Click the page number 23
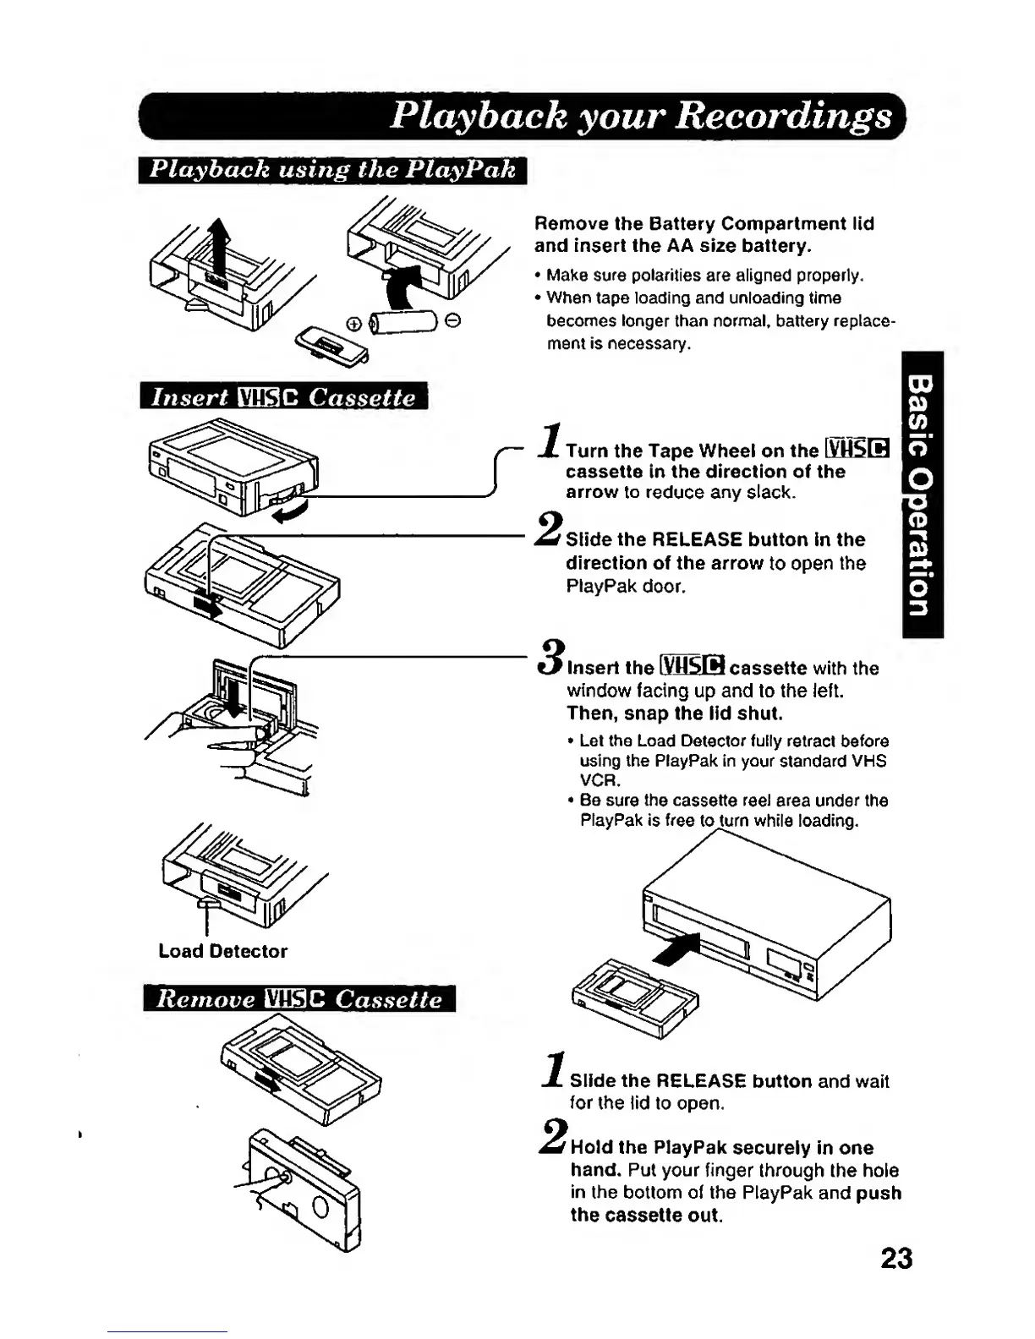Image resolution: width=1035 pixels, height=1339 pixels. coord(896,1259)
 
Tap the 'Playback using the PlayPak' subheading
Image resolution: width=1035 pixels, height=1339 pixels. coord(332,169)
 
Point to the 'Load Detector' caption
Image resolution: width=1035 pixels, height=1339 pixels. coord(222,951)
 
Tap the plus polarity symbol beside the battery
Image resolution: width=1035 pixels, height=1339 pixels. coord(353,323)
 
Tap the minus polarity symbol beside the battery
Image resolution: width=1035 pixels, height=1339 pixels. coord(453,320)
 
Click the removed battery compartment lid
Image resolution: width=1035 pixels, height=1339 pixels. coord(330,346)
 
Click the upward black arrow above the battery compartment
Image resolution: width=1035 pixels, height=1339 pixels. coord(220,241)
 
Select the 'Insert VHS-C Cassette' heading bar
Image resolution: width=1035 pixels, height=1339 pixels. coord(284,396)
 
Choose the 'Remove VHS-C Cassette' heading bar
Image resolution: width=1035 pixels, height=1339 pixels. coord(299,999)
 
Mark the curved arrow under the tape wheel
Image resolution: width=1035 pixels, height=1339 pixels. coord(290,510)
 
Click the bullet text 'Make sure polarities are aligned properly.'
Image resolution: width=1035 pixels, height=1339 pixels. coord(704,276)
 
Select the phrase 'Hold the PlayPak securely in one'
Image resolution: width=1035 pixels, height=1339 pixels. coord(721,1148)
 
